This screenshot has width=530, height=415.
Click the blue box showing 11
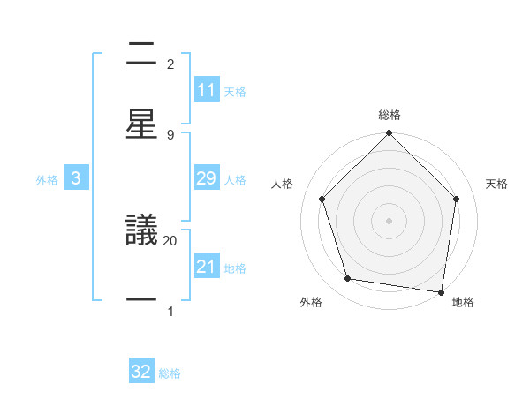pyautogui.click(x=207, y=90)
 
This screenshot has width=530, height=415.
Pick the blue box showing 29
pyautogui.click(x=207, y=178)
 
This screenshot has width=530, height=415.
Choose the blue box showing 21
pyautogui.click(x=207, y=267)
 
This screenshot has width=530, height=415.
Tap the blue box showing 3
pyautogui.click(x=76, y=178)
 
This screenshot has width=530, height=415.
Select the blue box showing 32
pyautogui.click(x=141, y=372)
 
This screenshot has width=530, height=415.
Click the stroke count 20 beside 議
pyautogui.click(x=170, y=240)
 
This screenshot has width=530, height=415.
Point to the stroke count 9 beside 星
pyautogui.click(x=170, y=134)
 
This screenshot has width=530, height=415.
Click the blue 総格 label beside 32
pyautogui.click(x=170, y=373)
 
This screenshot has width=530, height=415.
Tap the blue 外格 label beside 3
pyautogui.click(x=47, y=180)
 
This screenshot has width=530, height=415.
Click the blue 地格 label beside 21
pyautogui.click(x=235, y=268)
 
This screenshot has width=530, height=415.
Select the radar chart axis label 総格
pyautogui.click(x=390, y=115)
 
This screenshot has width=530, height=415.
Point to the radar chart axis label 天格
pyautogui.click(x=497, y=184)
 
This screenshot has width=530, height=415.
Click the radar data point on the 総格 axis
pyautogui.click(x=390, y=134)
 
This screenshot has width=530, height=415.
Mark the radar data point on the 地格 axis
pyautogui.click(x=441, y=290)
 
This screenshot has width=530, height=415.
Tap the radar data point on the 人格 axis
pyautogui.click(x=322, y=199)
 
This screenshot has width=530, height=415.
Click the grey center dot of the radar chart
pyautogui.click(x=390, y=220)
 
